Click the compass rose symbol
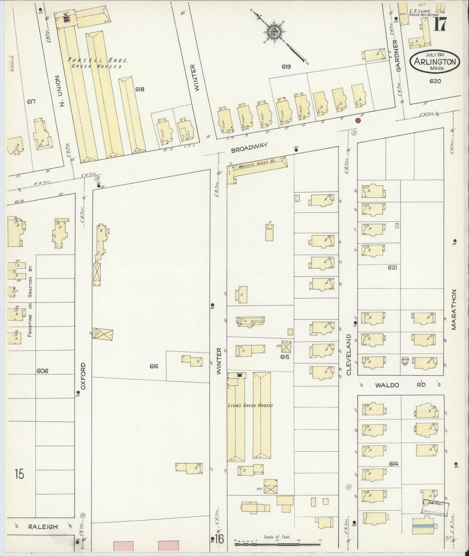click(275, 31)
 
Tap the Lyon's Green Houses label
click(250, 405)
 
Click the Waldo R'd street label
click(400, 385)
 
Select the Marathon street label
click(453, 310)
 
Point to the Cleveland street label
click(349, 355)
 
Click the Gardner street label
click(399, 56)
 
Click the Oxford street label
click(83, 376)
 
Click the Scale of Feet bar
click(278, 543)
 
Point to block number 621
click(392, 268)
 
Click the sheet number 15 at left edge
click(19, 474)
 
